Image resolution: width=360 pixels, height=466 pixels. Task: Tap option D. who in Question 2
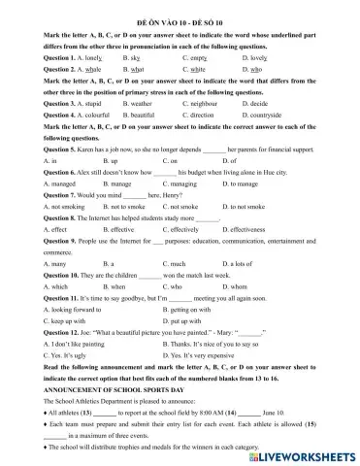click(x=251, y=70)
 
